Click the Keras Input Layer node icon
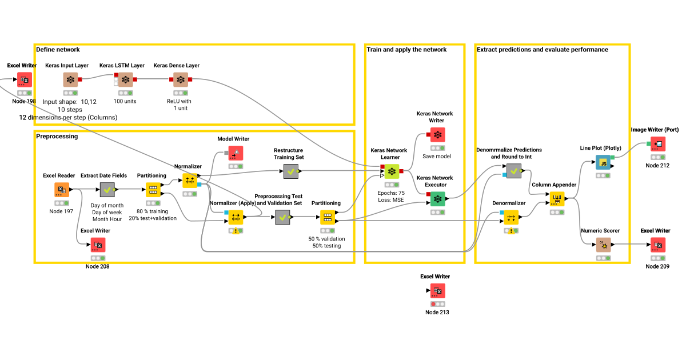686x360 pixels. (x=70, y=80)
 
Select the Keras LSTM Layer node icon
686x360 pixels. (x=126, y=80)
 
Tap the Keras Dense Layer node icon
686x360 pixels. (x=181, y=80)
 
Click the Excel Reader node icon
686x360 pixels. (x=62, y=190)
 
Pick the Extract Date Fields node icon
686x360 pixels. (x=107, y=190)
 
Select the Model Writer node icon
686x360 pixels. (x=236, y=153)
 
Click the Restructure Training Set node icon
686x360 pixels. (x=291, y=171)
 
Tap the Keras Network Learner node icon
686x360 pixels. (x=392, y=171)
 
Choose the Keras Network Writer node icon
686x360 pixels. (x=438, y=135)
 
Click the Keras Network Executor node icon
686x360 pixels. (x=438, y=198)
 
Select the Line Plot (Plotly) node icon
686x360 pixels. (x=603, y=162)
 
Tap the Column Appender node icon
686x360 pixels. (x=557, y=199)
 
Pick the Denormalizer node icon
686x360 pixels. (x=511, y=217)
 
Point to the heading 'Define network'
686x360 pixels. (x=58, y=50)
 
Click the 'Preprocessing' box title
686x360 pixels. (x=57, y=137)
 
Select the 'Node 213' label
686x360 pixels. (x=437, y=312)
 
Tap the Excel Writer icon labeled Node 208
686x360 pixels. (x=98, y=245)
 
